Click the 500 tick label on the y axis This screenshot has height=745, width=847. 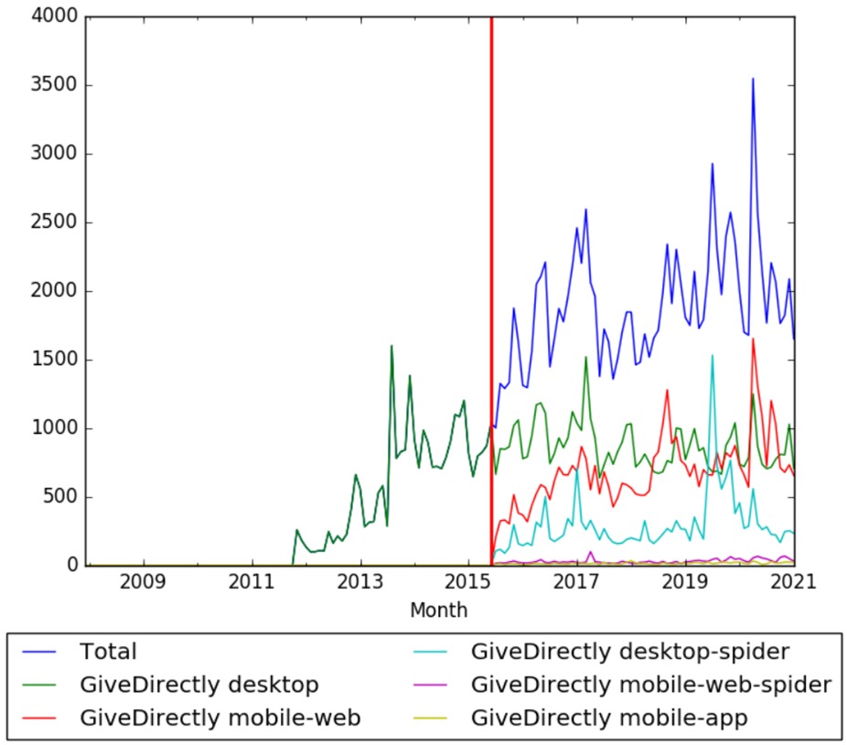pos(56,498)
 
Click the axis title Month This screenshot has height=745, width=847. pos(439,610)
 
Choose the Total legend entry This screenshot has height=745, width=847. pos(108,652)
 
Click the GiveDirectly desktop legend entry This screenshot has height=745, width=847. pos(198,685)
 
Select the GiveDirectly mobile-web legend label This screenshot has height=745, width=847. pos(220,718)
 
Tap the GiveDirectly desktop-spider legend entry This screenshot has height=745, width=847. pos(629,652)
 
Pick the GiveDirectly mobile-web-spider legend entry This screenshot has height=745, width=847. pos(650,685)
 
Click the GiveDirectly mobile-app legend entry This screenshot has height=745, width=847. pos(609,718)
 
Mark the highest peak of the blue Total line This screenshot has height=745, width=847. pos(753,79)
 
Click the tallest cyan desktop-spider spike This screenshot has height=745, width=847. pos(713,356)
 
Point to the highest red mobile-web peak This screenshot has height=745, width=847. pos(753,340)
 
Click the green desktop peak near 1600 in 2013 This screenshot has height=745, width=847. pos(391,346)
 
